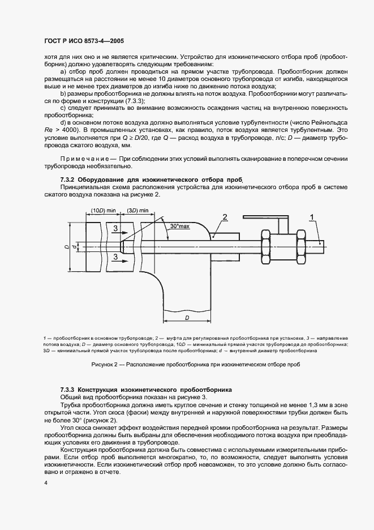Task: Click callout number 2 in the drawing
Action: [x=225, y=217]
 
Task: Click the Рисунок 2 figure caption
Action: [x=186, y=365]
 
